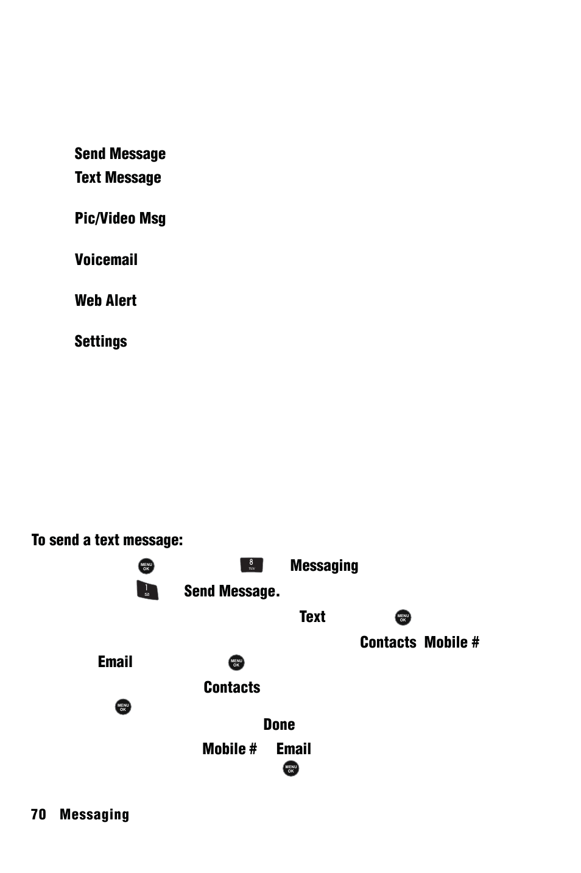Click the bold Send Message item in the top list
pos(120,154)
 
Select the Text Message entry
pos(118,178)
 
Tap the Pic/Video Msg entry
pos(120,219)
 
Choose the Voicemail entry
pos(106,260)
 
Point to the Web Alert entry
pos(105,301)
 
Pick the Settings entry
pos(100,342)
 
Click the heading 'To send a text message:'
pos(107,540)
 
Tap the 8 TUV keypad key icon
pos(252,565)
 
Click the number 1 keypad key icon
pos(147,591)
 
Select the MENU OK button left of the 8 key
pos(146,566)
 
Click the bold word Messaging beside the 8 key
pos(324,566)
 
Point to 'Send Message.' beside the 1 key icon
pos(231,592)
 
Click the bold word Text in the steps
pos(312,617)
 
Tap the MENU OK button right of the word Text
pos(403,618)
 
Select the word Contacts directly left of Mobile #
pos(388,643)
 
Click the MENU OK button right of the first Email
pos(236,663)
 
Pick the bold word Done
pos(279,725)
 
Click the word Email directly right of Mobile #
pos(294,749)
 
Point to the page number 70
pos(38,815)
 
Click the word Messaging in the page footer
pos(94,815)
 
